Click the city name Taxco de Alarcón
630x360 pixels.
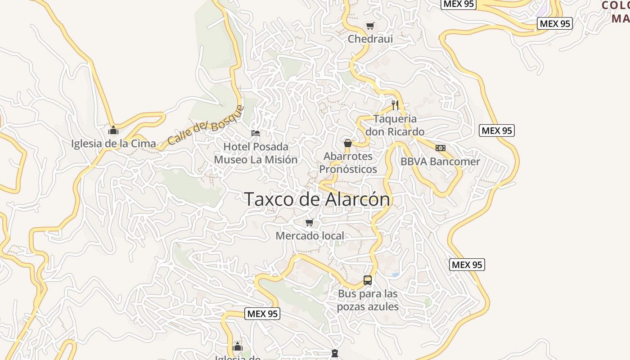tap(317, 199)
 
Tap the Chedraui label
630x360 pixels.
tap(370, 39)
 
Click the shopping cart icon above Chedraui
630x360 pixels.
tap(370, 26)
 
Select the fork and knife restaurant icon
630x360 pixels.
tap(395, 105)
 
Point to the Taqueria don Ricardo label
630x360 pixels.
tap(395, 125)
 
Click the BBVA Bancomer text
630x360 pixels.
tap(440, 162)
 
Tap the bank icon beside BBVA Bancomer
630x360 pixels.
tap(441, 148)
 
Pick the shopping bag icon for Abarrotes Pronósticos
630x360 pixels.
tap(348, 144)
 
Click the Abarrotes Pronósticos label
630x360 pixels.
tap(348, 162)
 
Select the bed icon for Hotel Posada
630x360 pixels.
tap(256, 133)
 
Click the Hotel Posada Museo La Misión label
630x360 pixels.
tap(256, 153)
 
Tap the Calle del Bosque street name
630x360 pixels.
tap(206, 126)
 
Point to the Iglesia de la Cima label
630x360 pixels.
tap(113, 144)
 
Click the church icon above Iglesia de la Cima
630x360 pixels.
tap(113, 130)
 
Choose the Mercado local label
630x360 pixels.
tap(310, 236)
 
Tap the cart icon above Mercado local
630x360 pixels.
tap(310, 223)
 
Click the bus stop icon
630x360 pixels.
tap(368, 280)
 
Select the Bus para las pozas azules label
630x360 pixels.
tap(368, 300)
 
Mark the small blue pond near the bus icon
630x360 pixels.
tap(395, 274)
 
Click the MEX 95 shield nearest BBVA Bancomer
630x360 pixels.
tap(497, 130)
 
